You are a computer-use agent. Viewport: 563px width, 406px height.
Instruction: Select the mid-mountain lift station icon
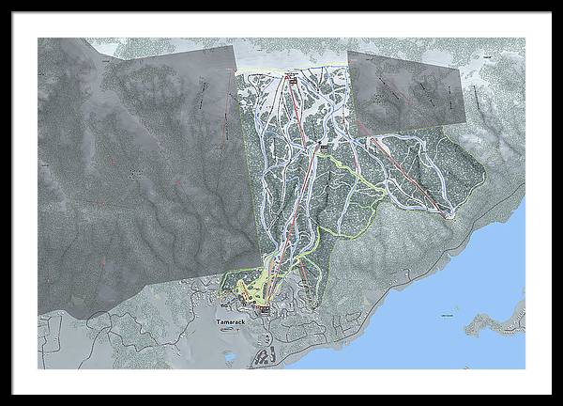[325, 147]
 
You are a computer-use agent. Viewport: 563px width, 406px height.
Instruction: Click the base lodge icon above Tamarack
[266, 308]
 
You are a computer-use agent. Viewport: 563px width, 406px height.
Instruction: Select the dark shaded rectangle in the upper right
[406, 91]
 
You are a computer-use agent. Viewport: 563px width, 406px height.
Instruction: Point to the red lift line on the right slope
[403, 169]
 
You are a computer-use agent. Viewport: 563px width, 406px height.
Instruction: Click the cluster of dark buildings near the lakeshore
[266, 355]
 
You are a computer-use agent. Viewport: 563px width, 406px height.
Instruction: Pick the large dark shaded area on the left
[141, 188]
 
